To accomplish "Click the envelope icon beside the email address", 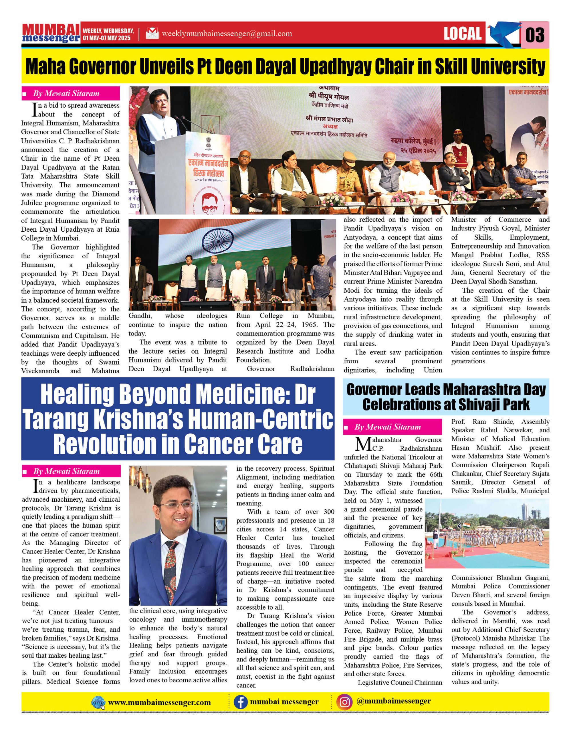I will [x=152, y=34].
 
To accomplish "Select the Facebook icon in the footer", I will [x=240, y=702].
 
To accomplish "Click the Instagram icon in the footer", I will [x=345, y=702].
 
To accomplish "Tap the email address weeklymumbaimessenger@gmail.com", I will [x=227, y=34].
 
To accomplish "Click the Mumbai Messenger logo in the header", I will [x=51, y=34].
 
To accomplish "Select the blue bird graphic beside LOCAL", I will [x=502, y=34].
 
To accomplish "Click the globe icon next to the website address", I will [x=98, y=702].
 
